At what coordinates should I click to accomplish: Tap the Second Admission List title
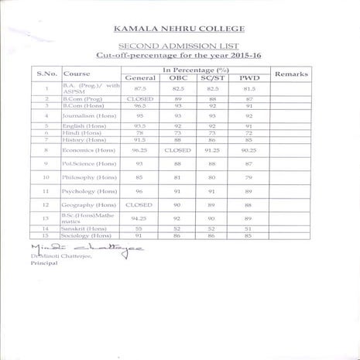click(x=179, y=47)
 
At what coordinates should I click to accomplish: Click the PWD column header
click(x=249, y=78)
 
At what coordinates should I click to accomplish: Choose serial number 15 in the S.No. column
click(x=47, y=235)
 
